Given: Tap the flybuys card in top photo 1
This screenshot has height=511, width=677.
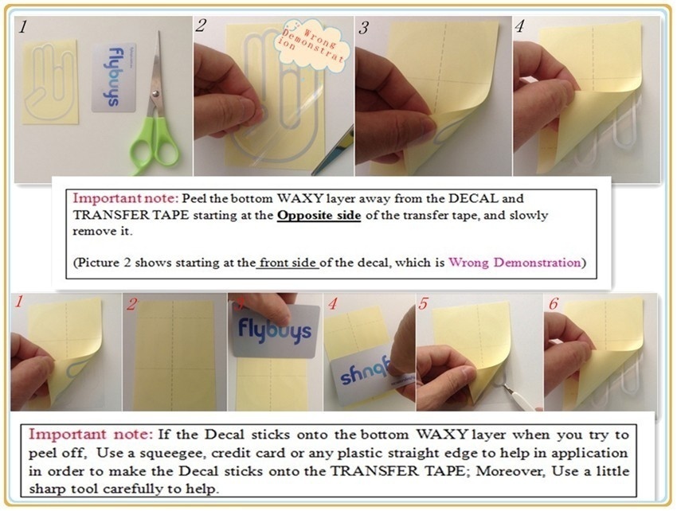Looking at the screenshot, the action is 114,77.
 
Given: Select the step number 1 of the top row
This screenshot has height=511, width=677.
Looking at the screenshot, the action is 23,27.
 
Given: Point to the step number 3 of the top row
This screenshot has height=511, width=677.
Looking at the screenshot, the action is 363,28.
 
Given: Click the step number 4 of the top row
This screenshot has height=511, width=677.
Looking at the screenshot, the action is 519,27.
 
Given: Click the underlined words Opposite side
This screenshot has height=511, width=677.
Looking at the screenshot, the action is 319,215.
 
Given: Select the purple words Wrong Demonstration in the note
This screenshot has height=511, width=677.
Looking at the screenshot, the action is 515,263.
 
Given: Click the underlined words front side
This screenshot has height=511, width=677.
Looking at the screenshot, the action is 288,263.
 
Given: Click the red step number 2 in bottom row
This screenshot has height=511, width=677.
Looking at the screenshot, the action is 131,304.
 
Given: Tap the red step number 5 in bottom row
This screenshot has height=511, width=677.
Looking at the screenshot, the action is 423,303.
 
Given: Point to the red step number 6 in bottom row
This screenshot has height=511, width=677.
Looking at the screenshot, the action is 553,304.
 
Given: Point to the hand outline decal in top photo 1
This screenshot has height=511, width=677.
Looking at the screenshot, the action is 49,82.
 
